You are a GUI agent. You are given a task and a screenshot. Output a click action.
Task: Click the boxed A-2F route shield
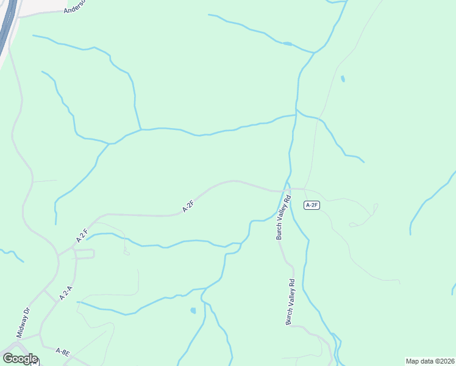[x=312, y=205]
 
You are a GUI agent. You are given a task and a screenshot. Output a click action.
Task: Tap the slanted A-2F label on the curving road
[x=188, y=207]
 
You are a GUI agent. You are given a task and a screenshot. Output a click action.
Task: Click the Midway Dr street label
[x=23, y=323]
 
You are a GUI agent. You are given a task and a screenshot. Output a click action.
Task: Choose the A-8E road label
[x=62, y=352]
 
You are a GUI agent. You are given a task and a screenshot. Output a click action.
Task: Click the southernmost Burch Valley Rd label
[x=291, y=302]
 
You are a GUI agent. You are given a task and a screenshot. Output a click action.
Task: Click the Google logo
[x=20, y=358]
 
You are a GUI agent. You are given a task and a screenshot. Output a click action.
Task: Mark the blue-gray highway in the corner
[x=7, y=24]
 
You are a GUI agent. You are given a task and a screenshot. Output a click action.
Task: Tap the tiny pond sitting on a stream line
[x=287, y=43]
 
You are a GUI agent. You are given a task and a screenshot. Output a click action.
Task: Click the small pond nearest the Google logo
[x=193, y=310]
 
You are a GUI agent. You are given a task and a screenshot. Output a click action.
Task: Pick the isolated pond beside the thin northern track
[x=343, y=79]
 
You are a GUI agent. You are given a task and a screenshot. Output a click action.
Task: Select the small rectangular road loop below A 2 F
[x=85, y=254]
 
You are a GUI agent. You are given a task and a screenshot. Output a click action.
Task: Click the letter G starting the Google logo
[x=8, y=358]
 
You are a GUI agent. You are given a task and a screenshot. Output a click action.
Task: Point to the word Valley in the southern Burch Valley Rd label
[x=291, y=303]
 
